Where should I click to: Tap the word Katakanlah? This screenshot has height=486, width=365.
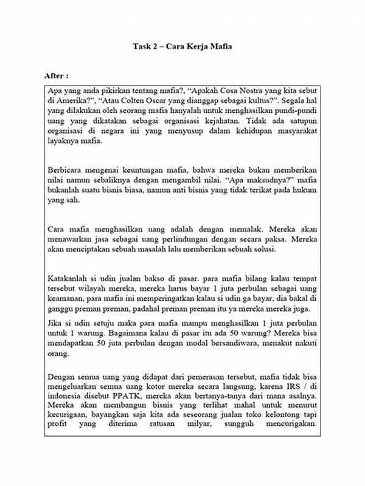click(x=69, y=279)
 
